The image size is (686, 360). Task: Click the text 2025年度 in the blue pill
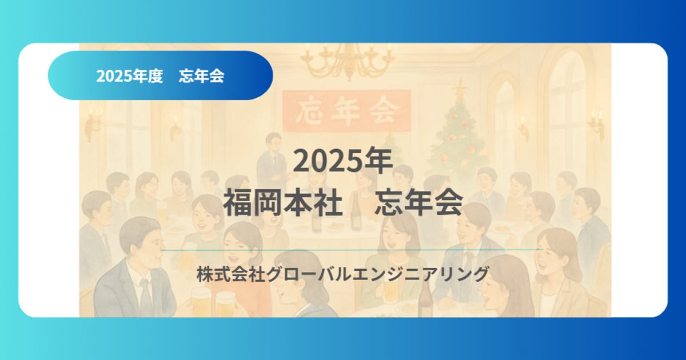(130, 76)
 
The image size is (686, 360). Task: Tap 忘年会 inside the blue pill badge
(201, 76)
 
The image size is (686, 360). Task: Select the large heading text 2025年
(343, 161)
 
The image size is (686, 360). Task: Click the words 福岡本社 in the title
(283, 202)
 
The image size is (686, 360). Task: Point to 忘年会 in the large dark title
(418, 202)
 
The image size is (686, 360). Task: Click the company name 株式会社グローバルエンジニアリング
(343, 274)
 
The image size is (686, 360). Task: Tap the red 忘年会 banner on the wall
(346, 110)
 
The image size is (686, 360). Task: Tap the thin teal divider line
(352, 250)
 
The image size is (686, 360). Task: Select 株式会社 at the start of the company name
(230, 274)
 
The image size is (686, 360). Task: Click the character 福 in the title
(238, 202)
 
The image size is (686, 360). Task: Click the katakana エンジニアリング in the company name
(421, 274)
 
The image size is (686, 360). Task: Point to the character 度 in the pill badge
(155, 76)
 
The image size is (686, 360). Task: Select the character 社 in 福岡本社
(328, 202)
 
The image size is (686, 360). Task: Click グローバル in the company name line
(309, 274)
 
